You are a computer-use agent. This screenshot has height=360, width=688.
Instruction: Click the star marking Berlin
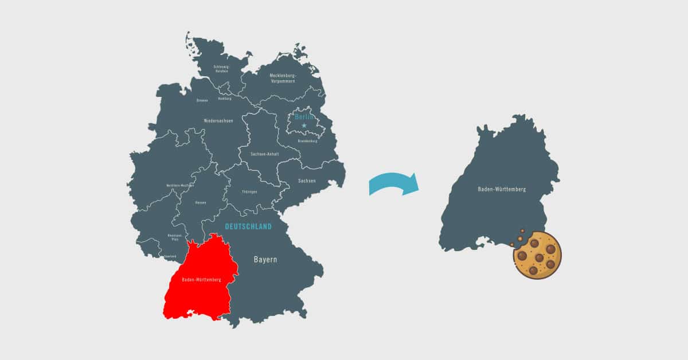(x=304, y=125)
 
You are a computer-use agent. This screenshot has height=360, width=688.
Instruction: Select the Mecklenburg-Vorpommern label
(x=282, y=78)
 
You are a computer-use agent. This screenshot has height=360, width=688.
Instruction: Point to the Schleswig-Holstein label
(x=221, y=68)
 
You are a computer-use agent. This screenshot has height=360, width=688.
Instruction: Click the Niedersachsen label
(x=219, y=120)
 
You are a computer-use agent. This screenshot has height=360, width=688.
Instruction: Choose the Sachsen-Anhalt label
(x=265, y=154)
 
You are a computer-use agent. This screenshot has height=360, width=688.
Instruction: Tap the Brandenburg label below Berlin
(x=308, y=140)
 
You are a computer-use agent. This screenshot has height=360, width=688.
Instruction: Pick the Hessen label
(x=201, y=202)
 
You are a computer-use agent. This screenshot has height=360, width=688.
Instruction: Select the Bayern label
(x=265, y=260)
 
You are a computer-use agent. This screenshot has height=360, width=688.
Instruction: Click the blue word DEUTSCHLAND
(x=248, y=227)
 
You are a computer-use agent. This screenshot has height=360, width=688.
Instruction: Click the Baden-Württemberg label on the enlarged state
(x=502, y=189)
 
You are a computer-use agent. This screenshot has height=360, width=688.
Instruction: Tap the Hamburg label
(x=225, y=99)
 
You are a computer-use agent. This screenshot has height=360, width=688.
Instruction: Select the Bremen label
(x=202, y=100)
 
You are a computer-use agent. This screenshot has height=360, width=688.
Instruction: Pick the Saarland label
(x=170, y=256)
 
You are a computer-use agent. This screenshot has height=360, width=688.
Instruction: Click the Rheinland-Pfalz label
(x=174, y=237)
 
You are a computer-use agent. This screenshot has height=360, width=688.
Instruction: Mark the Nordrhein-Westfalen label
(x=180, y=185)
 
